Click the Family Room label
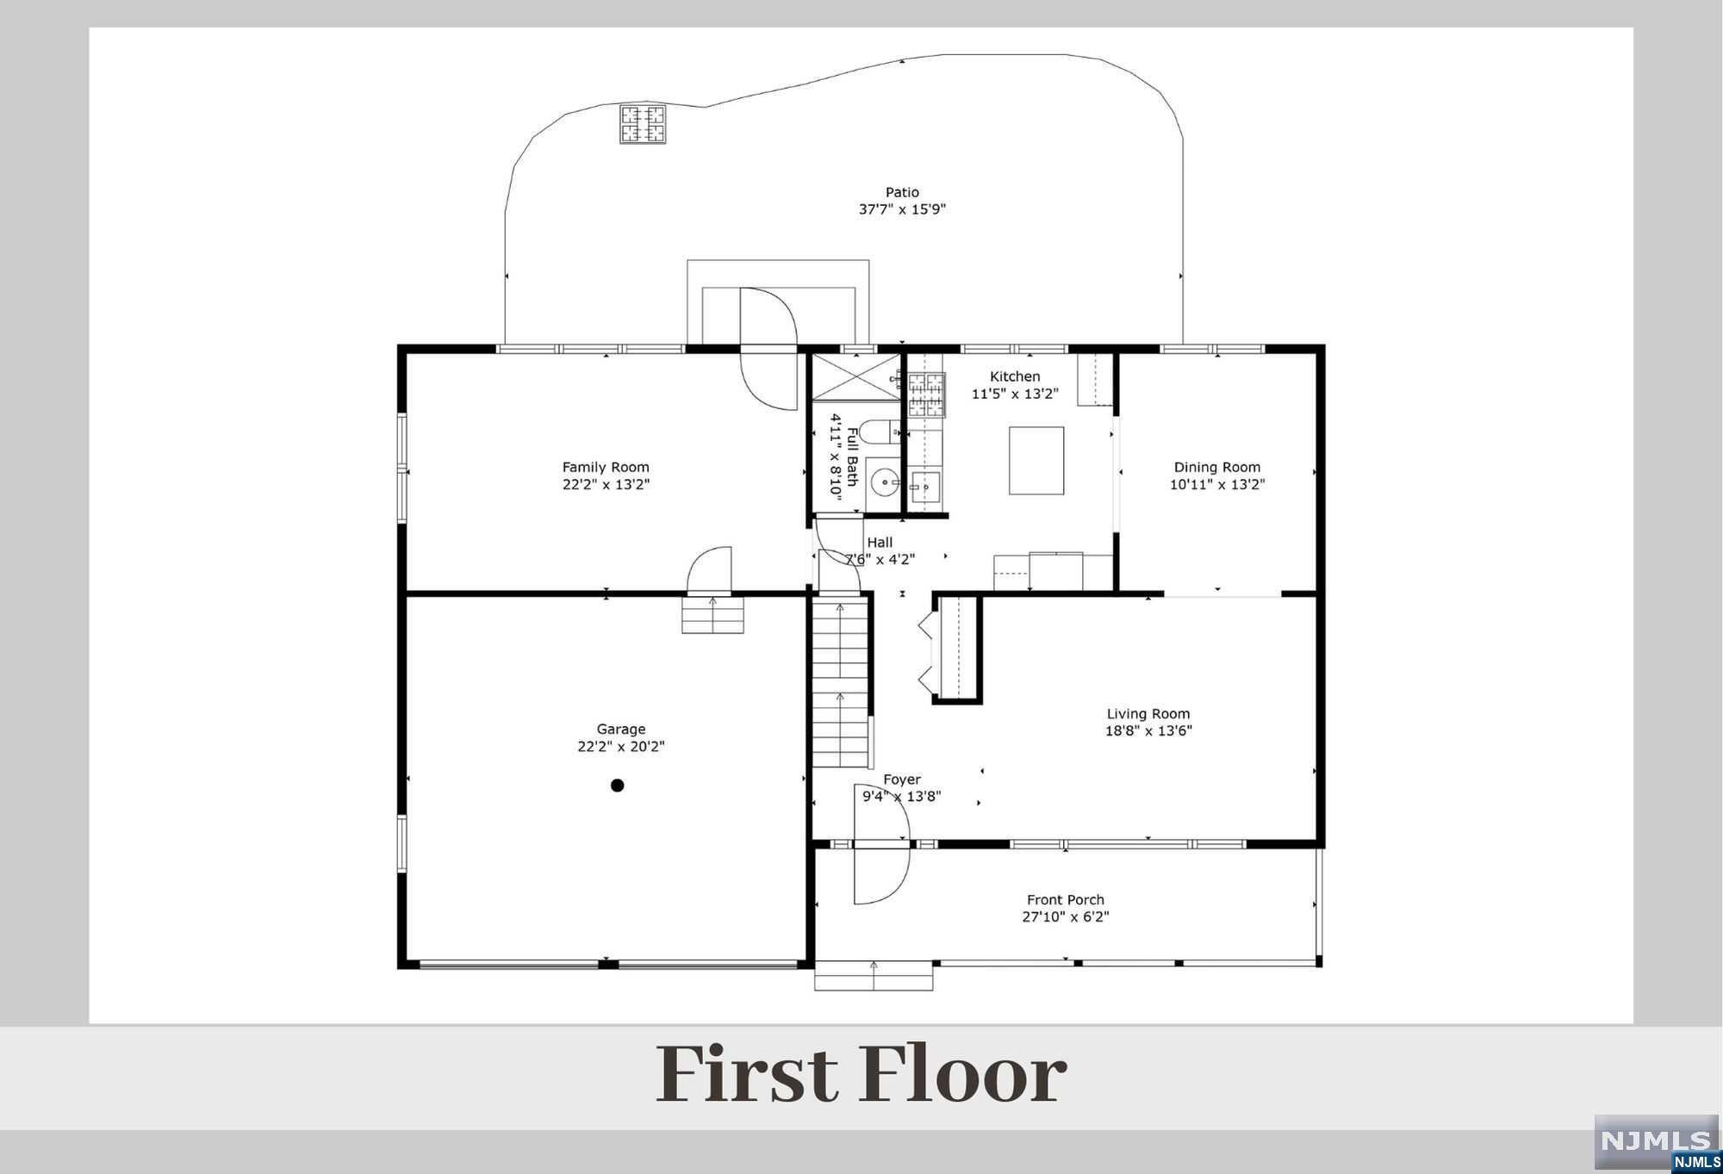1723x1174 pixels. [606, 468]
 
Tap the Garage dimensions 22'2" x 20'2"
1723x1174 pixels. [621, 747]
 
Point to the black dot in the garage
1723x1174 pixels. [617, 786]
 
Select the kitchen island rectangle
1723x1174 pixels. [1036, 460]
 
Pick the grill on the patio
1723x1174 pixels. [643, 124]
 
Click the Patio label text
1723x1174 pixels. [902, 192]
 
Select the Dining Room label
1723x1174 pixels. [1217, 468]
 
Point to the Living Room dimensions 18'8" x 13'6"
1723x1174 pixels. [1148, 731]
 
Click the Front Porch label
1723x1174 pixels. [1066, 900]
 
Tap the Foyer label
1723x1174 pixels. [902, 780]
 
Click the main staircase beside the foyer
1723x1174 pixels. [841, 683]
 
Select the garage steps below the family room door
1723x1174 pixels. [712, 615]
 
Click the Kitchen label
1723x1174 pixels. [1015, 376]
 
